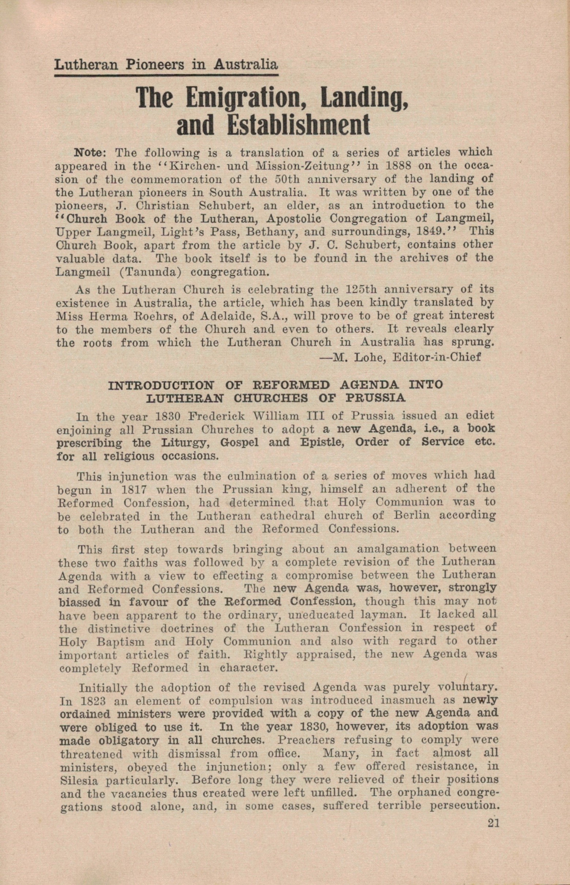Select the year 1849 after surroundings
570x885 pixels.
(437, 231)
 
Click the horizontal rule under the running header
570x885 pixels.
(166, 75)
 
